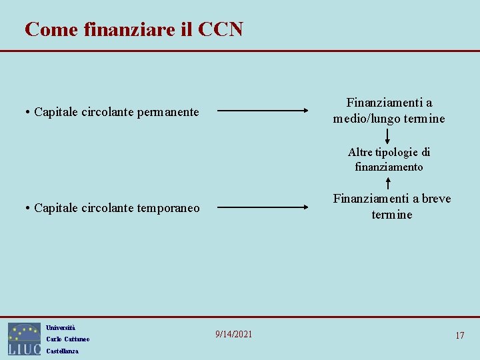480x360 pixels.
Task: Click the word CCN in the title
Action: coord(219,29)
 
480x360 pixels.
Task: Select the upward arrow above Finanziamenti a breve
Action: coord(388,182)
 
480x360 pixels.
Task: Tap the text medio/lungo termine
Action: coord(389,119)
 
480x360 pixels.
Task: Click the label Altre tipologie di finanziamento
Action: coord(389,159)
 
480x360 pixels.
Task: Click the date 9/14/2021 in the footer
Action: coord(233,334)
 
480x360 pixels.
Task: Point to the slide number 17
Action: coord(459,335)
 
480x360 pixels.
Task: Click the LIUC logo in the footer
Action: coord(24,339)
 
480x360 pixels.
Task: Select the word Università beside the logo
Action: coord(61,327)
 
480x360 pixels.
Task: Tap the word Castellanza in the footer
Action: coord(62,351)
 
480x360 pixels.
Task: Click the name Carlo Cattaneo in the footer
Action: coord(67,339)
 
